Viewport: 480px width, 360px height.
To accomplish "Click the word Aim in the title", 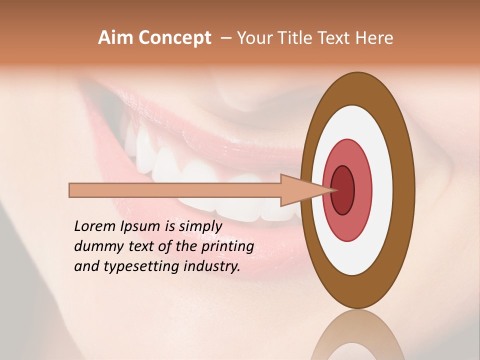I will (x=116, y=38).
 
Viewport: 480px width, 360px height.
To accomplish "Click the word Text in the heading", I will (x=335, y=38).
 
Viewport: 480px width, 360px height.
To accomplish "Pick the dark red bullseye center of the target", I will (x=342, y=190).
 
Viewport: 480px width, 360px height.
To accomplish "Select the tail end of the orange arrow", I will (x=70, y=190).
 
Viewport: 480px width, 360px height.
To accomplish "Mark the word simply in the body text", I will (x=200, y=226).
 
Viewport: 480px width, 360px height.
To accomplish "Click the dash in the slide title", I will (x=225, y=38).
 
